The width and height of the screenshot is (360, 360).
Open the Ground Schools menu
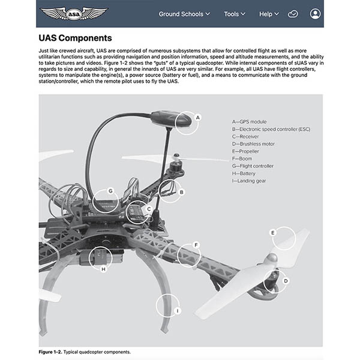(184, 14)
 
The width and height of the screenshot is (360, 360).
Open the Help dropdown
(269, 14)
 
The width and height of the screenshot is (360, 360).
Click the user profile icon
(316, 14)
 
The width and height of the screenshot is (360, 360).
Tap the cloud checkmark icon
(293, 14)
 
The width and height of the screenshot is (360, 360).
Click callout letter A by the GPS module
(197, 118)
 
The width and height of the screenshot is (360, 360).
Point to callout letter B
(181, 192)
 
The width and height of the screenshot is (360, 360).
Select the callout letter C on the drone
(149, 209)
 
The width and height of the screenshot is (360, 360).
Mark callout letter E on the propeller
(272, 232)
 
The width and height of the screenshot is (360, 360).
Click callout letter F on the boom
(196, 245)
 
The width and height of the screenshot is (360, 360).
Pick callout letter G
(111, 191)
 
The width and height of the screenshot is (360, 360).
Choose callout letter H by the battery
(104, 269)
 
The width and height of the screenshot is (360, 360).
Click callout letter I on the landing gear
(178, 310)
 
